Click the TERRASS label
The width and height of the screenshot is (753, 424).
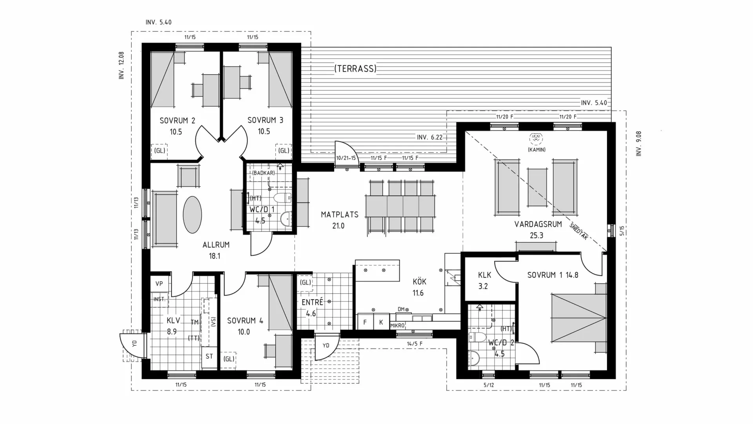click(x=355, y=69)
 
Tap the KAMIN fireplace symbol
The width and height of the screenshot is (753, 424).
click(x=536, y=138)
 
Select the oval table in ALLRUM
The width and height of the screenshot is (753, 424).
click(x=193, y=214)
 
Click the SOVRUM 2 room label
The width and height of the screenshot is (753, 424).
click(x=177, y=121)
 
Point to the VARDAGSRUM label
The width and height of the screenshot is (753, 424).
click(x=538, y=224)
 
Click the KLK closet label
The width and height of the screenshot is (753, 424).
click(x=485, y=275)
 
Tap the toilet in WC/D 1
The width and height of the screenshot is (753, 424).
click(x=282, y=197)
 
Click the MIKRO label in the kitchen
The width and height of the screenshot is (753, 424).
click(x=397, y=326)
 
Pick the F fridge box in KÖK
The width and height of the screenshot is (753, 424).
click(x=365, y=322)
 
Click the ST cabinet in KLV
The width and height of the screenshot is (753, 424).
click(x=209, y=356)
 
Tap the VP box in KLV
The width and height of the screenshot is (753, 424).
click(x=159, y=284)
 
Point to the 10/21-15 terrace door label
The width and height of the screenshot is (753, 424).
click(x=346, y=158)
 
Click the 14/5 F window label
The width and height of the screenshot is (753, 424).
click(x=415, y=344)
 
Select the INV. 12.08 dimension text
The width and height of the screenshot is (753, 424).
click(x=122, y=66)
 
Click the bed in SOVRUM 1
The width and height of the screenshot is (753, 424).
click(x=579, y=318)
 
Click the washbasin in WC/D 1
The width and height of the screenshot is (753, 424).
click(x=286, y=219)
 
